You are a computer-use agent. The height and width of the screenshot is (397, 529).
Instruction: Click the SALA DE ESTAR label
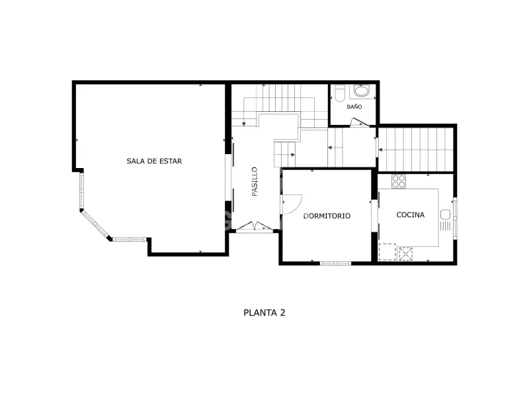pyautogui.click(x=154, y=161)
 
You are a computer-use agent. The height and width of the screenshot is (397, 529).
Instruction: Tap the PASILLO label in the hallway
pyautogui.click(x=255, y=181)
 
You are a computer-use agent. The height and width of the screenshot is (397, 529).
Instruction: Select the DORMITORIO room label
pyautogui.click(x=327, y=216)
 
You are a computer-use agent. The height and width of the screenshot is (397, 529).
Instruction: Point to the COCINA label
pyautogui.click(x=410, y=214)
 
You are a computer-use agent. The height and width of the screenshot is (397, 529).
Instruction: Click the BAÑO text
pyautogui.click(x=354, y=107)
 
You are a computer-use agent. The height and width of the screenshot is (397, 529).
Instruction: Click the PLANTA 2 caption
pyautogui.click(x=264, y=312)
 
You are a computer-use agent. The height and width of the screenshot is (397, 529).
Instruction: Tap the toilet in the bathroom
pyautogui.click(x=339, y=93)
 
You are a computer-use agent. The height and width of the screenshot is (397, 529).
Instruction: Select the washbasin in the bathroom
pyautogui.click(x=362, y=91)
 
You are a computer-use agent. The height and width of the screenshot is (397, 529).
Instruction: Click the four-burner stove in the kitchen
pyautogui.click(x=399, y=181)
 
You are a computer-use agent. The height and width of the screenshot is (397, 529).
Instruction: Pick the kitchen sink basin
pyautogui.click(x=445, y=214)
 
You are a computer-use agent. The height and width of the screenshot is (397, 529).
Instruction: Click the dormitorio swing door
pyautogui.click(x=292, y=204)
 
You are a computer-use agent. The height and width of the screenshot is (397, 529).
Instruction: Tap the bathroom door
pyautogui.click(x=360, y=122)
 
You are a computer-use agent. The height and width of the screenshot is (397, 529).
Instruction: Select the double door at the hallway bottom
pyautogui.click(x=255, y=226)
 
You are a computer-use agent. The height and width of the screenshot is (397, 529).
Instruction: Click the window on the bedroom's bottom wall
pyautogui.click(x=335, y=263)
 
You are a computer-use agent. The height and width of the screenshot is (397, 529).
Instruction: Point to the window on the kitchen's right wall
pyautogui.click(x=455, y=218)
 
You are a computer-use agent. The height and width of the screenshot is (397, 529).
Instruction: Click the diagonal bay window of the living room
pyautogui.click(x=96, y=224)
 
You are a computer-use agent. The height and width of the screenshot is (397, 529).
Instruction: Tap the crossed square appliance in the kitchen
pyautogui.click(x=405, y=254)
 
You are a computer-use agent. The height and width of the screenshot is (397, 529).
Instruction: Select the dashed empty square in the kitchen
pyautogui.click(x=387, y=252)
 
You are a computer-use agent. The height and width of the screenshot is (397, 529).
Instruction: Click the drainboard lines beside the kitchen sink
pyautogui.click(x=445, y=226)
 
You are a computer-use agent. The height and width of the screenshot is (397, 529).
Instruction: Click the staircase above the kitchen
pyautogui.click(x=416, y=150)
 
